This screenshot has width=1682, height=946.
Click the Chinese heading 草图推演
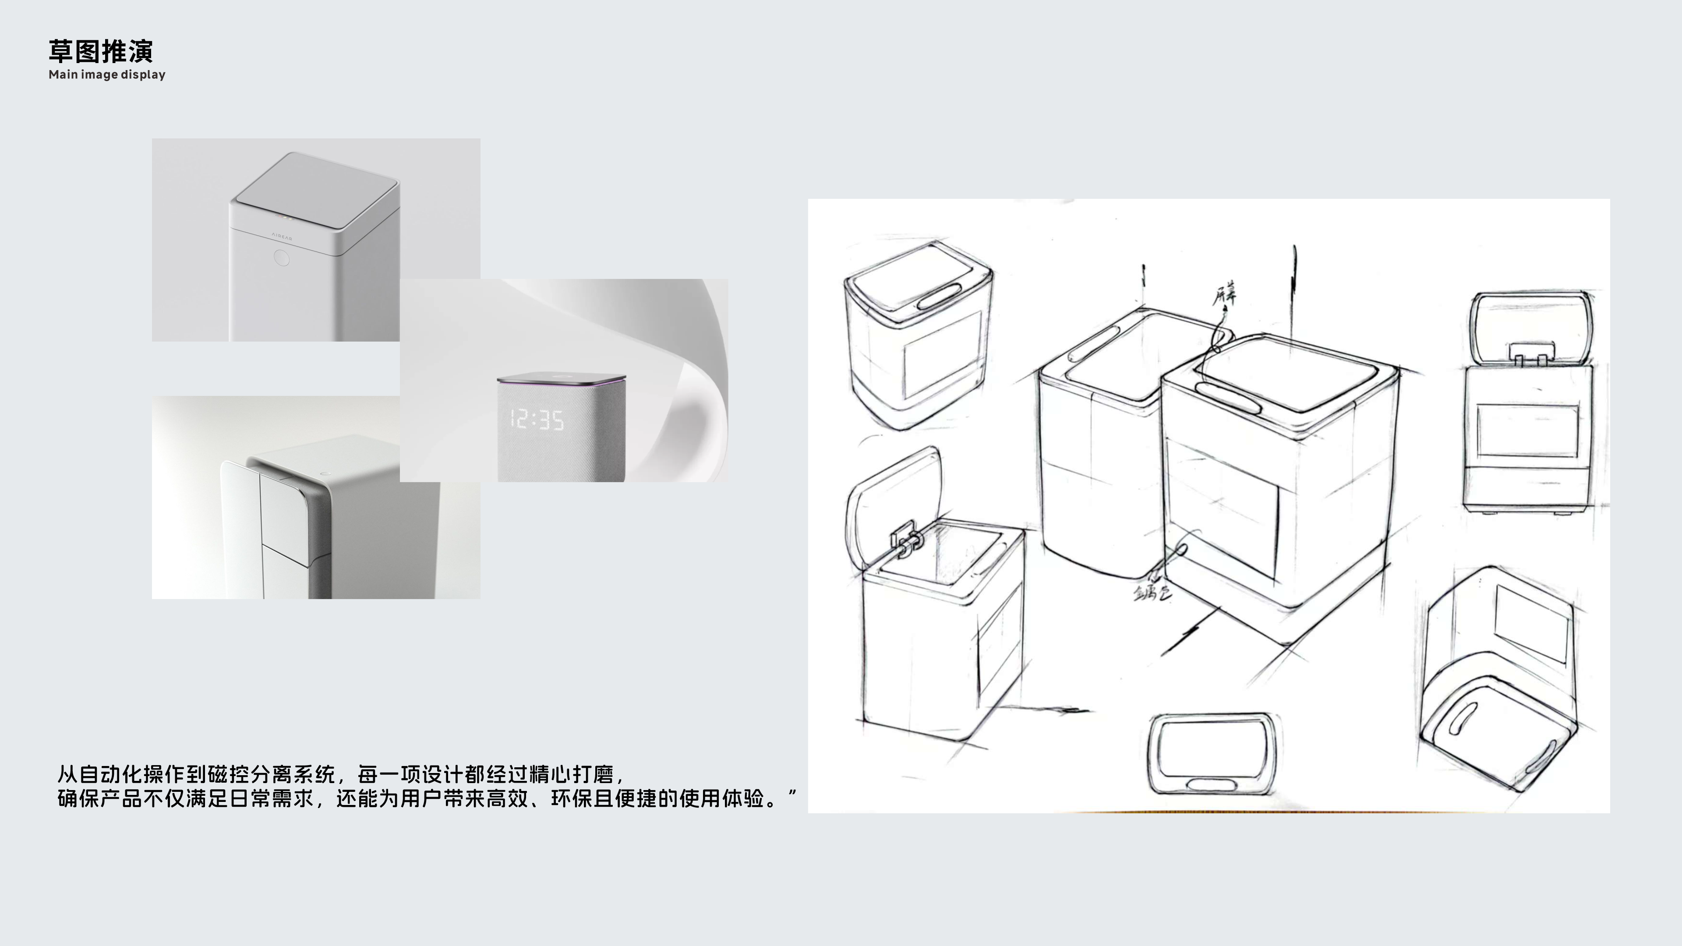(101, 51)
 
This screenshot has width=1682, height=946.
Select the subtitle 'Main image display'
(107, 74)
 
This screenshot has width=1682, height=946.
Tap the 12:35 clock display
(537, 420)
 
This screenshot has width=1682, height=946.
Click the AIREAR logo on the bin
(281, 235)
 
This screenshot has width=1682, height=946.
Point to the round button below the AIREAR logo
(281, 258)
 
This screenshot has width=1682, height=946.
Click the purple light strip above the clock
(560, 381)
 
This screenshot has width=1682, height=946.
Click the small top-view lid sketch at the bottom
(1212, 754)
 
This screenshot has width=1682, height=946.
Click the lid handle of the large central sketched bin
(1227, 397)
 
